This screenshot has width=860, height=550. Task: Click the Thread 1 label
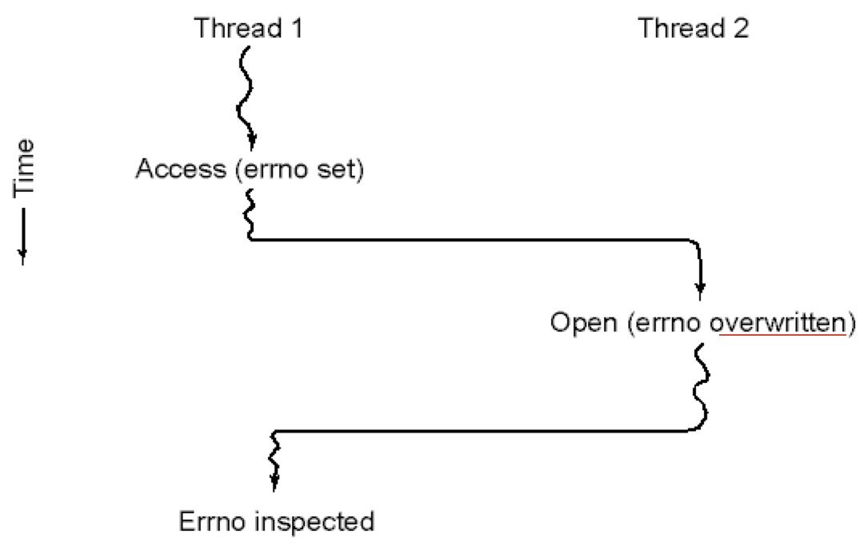tap(249, 28)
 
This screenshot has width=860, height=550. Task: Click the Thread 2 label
tap(694, 28)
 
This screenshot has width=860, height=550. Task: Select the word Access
tap(181, 169)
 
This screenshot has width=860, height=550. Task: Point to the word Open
tap(583, 323)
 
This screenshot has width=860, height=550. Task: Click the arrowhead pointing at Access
tap(252, 141)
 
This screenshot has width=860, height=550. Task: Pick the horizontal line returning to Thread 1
tap(482, 431)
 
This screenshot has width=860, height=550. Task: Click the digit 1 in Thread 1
tap(297, 28)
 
